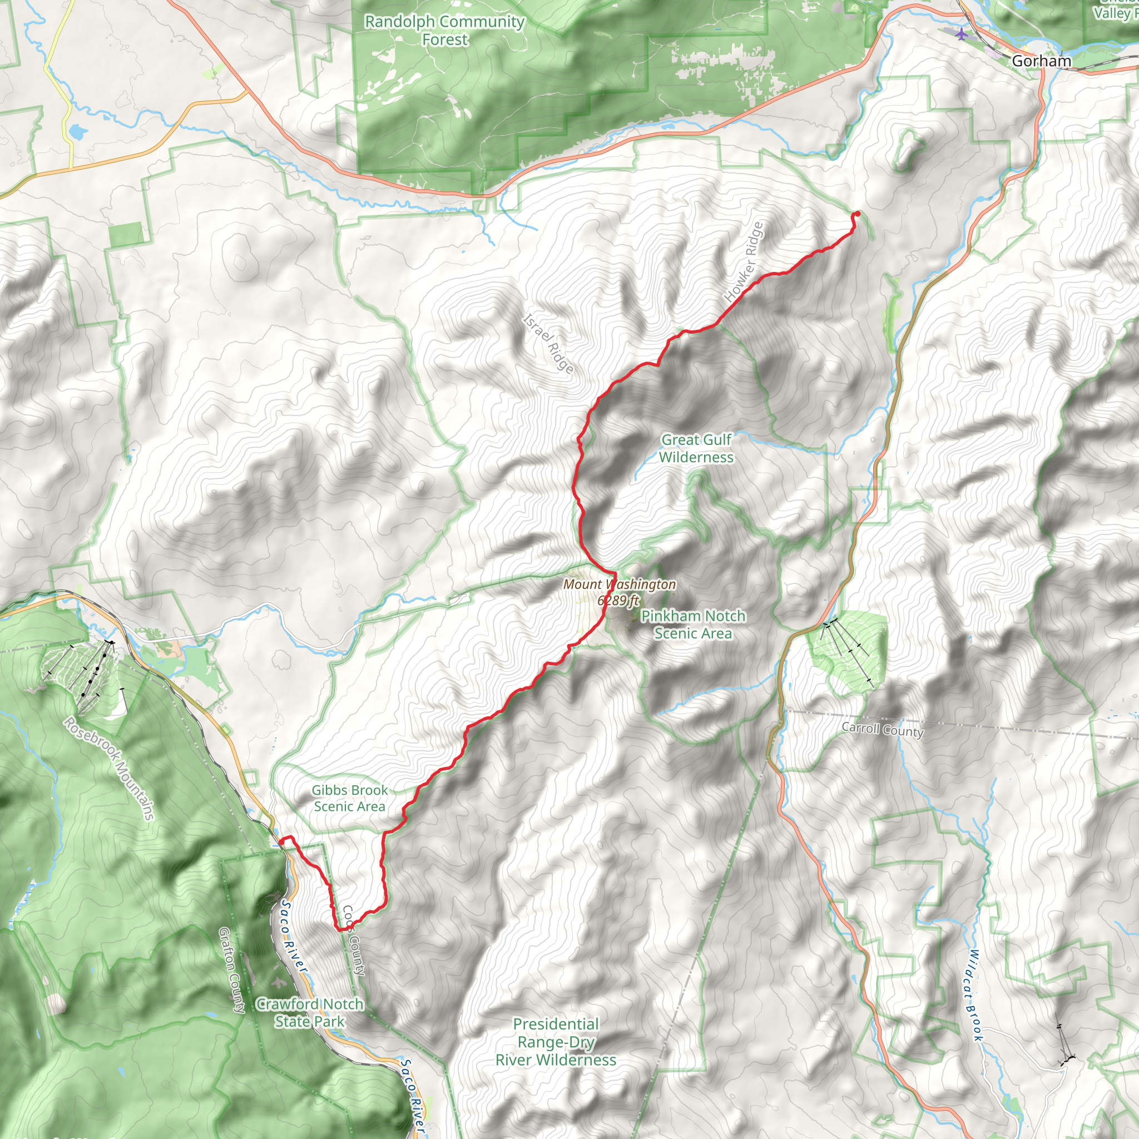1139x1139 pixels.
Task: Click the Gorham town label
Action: coord(1041,61)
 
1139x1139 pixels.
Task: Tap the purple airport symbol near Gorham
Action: coord(962,33)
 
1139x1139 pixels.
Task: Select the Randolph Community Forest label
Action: coord(444,30)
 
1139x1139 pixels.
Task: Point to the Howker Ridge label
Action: coord(744,262)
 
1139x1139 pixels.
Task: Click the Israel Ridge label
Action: coord(548,344)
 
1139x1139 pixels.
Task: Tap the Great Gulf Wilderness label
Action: coord(696,448)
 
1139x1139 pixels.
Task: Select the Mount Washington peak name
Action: coord(619,585)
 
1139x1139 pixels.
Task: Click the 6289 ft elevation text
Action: coord(618,600)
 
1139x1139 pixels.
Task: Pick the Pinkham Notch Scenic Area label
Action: coord(693,625)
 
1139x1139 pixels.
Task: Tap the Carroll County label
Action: coord(882,730)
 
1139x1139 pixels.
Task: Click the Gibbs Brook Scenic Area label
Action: coord(350,798)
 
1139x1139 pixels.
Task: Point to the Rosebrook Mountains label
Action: coord(110,768)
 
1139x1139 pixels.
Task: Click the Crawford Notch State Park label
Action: coord(310,1012)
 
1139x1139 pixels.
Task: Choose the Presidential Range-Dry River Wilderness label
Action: coord(556,1042)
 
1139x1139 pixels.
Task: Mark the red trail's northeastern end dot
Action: coord(856,214)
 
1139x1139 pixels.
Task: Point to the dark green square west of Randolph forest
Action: coord(126,235)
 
